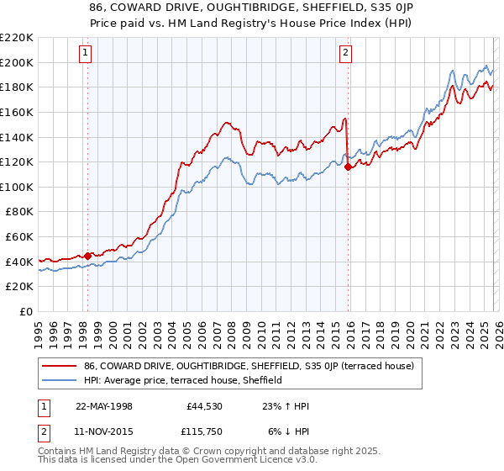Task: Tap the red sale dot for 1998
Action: [87, 256]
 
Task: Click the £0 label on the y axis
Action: [27, 311]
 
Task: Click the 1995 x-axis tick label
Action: [38, 330]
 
